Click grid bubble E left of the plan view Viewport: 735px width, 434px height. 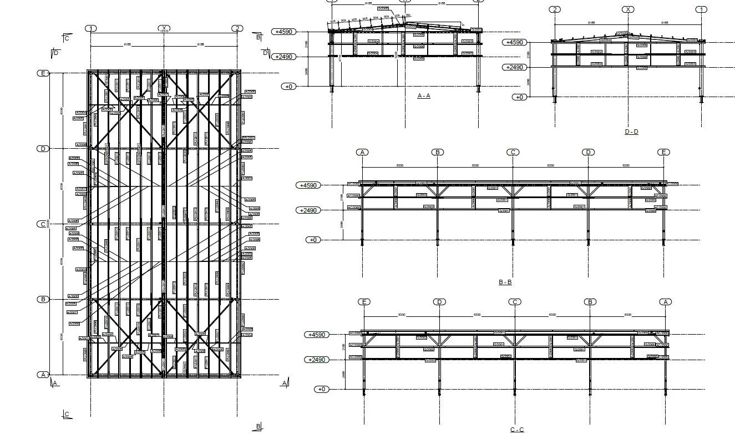43,73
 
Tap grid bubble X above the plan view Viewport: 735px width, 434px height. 164,28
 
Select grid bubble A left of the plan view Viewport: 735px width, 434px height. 43,375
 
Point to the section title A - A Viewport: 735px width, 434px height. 424,96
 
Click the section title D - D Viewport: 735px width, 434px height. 631,132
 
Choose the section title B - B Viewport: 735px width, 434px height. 505,282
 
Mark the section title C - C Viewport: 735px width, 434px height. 516,430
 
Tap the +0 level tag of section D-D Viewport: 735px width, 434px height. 519,97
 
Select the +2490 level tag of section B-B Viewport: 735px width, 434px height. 309,210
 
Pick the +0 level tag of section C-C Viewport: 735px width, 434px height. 322,389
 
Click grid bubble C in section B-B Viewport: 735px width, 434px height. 513,152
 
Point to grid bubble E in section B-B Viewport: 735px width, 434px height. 663,152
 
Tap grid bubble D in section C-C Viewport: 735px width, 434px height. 439,302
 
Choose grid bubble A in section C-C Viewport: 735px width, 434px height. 666,302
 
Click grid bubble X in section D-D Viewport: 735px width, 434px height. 627,9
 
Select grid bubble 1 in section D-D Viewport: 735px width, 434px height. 701,9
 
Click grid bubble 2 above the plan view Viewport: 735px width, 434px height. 237,28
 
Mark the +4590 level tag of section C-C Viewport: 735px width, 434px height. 317,335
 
